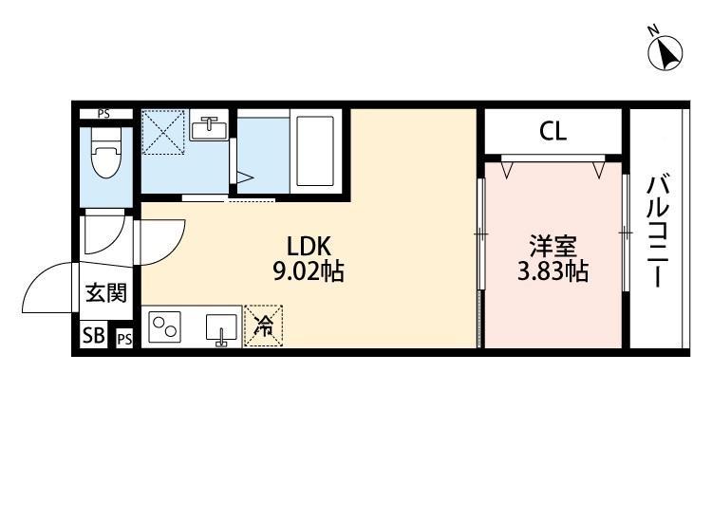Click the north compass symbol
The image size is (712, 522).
coord(665,53)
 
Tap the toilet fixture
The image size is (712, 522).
coord(105,153)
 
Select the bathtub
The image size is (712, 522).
coord(314,151)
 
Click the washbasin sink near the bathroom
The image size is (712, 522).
coord(209,128)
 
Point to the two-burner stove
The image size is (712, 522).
coord(164,326)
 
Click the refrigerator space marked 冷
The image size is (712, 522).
coord(263,326)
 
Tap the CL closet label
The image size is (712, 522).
coord(553,132)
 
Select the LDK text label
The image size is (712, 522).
coord(309,247)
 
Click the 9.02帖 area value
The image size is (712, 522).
coord(309,271)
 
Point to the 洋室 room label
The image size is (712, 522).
coord(553,247)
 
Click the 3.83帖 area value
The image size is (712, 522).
coord(553,271)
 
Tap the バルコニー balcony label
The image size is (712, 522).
coord(658,232)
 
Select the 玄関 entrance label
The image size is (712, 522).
coord(106,292)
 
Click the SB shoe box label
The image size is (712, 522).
coord(93,336)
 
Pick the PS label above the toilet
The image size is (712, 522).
coord(103,114)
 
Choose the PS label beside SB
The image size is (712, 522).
coord(124,339)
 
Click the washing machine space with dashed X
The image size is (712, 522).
coord(164,132)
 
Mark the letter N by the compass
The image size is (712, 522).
coord(653,31)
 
